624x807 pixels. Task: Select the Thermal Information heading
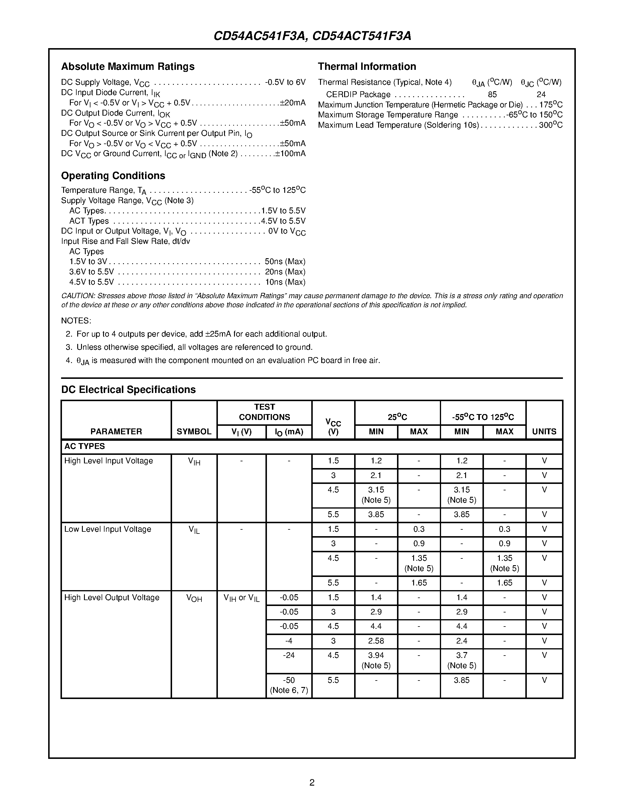tap(367, 67)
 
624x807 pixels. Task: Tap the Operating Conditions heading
tap(113, 175)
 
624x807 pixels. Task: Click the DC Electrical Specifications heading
tap(128, 389)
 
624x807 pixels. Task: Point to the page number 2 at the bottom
tap(312, 782)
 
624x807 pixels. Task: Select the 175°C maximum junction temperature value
tap(551, 105)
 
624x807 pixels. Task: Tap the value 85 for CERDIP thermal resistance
tap(492, 94)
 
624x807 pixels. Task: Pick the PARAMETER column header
tap(116, 432)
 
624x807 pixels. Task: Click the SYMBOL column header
tap(194, 432)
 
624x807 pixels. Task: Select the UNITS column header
tap(544, 432)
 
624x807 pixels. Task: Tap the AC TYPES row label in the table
tap(85, 446)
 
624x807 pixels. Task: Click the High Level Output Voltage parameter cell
tap(112, 597)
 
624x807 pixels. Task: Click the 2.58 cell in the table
tap(376, 641)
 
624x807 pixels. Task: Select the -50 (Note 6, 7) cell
tap(289, 685)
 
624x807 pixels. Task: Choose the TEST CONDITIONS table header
tap(264, 412)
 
